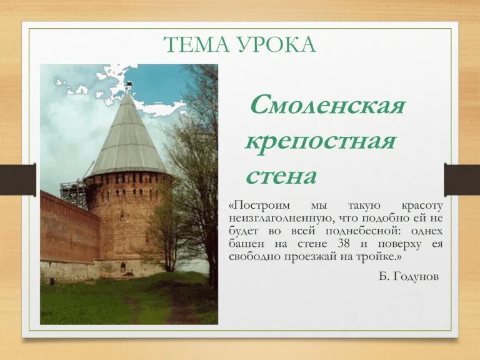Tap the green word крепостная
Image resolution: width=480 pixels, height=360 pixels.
[321, 141]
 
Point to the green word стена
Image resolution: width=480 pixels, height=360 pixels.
[281, 176]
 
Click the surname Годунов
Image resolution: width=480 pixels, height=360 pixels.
[417, 276]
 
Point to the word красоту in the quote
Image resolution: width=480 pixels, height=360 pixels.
[422, 206]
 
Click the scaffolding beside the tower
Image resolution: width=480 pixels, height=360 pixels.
[74, 192]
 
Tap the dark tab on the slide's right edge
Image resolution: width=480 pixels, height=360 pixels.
[462, 180]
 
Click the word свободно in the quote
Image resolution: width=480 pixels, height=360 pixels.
[256, 256]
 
